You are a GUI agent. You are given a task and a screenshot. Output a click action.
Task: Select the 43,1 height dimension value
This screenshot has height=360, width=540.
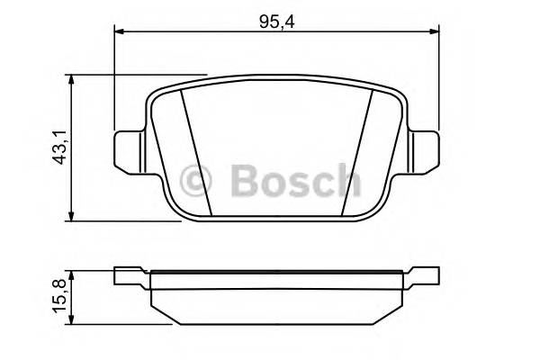(x=60, y=147)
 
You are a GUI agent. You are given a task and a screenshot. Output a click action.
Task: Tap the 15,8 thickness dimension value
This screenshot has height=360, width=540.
(x=60, y=295)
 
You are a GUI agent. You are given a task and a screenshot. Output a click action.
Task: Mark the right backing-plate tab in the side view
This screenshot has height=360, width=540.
(x=421, y=274)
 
